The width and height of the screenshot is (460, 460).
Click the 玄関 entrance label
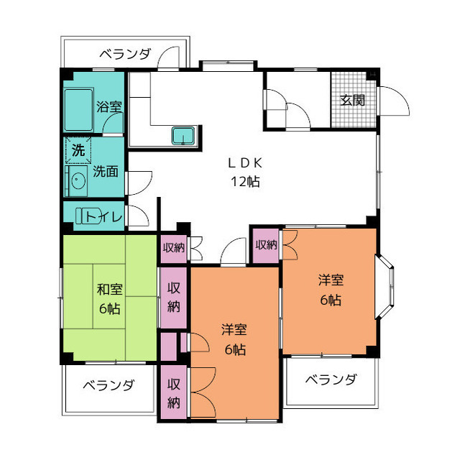(352, 100)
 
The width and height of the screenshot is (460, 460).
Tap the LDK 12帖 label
(244, 172)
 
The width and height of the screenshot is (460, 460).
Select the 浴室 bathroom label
(109, 107)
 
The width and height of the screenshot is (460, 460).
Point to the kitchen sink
(183, 134)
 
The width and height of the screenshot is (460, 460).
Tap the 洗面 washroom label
(106, 172)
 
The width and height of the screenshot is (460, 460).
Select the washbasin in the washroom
(75, 180)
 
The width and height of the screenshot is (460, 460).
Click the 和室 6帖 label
(109, 299)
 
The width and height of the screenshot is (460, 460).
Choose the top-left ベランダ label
(125, 53)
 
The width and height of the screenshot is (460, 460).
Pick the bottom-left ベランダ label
(108, 385)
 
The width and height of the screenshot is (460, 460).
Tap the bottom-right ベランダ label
(330, 379)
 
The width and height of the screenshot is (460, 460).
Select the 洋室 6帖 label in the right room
(331, 290)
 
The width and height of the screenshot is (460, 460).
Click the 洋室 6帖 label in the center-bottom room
(234, 339)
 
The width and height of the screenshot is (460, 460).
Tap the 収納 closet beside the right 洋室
(266, 245)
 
